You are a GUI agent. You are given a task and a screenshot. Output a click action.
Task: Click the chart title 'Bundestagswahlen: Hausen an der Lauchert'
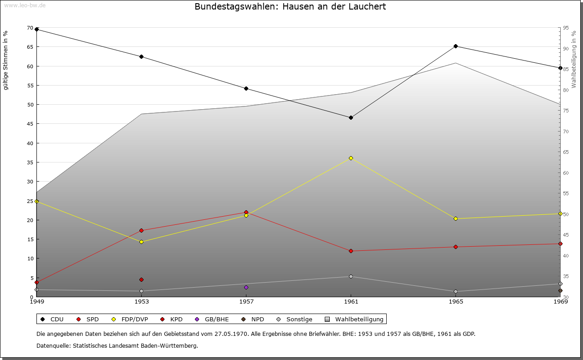tap(290, 7)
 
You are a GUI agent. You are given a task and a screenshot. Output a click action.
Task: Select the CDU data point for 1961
tap(351, 117)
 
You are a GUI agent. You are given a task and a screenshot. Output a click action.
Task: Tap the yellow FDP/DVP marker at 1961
tap(351, 158)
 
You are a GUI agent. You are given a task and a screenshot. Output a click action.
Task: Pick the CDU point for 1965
tap(455, 46)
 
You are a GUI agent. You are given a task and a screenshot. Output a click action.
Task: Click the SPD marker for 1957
tap(246, 213)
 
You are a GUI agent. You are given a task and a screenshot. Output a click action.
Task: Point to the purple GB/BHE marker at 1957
tap(246, 287)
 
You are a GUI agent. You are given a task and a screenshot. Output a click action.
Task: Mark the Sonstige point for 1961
tap(351, 276)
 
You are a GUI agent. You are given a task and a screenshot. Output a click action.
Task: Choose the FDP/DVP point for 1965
tap(455, 218)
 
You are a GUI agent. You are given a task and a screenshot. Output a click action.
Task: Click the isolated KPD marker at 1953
tap(141, 279)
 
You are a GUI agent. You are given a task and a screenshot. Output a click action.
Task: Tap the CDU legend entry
tap(52, 319)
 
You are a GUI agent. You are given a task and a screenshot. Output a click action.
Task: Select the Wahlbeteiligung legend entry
tap(355, 319)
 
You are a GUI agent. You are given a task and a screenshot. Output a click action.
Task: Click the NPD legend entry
tap(252, 319)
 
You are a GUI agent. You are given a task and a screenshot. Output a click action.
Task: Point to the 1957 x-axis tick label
tap(246, 301)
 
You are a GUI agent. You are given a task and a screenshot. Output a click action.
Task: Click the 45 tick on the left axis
tap(30, 124)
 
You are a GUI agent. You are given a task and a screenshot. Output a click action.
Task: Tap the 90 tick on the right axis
tap(565, 49)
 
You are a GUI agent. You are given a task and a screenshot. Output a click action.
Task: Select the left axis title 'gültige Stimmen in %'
tap(6, 60)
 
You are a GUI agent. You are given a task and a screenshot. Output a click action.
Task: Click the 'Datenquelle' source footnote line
tap(117, 345)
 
